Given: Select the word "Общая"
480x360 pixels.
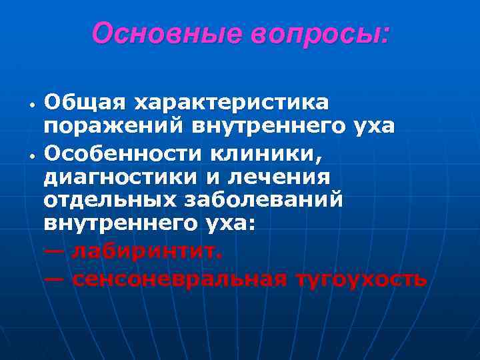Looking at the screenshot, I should [x=85, y=103].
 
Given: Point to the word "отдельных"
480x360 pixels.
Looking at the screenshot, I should [x=109, y=201].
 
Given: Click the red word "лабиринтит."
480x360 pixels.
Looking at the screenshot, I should [x=149, y=251].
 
